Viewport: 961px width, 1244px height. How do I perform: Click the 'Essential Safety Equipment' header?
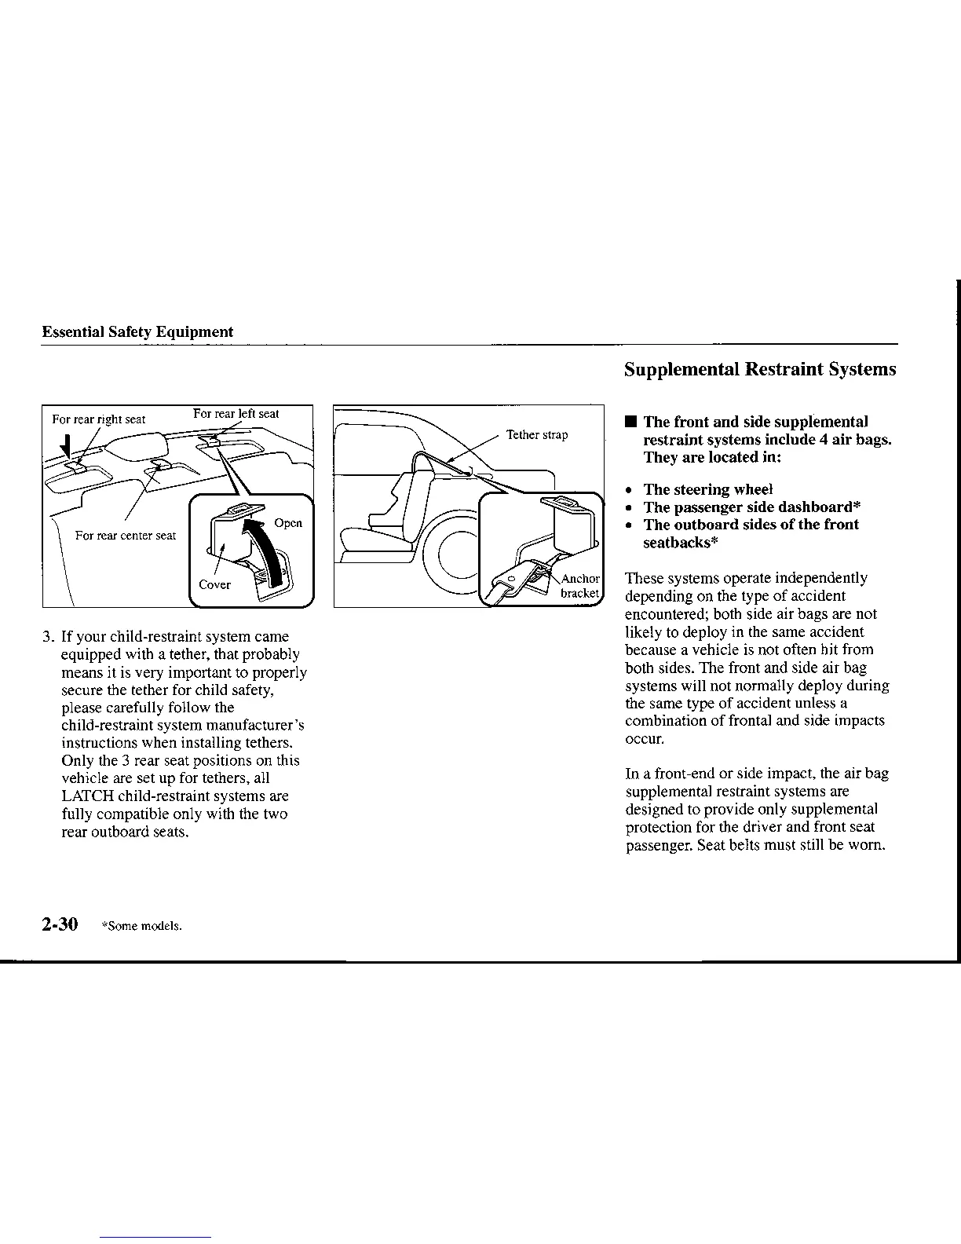tap(137, 331)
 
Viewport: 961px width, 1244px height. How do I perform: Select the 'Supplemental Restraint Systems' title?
tap(760, 369)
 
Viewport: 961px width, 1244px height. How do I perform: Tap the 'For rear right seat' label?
tap(98, 419)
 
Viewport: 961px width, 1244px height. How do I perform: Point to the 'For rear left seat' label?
tap(236, 413)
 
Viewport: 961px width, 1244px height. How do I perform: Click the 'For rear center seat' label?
tap(126, 536)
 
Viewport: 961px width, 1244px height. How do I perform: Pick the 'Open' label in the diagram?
tap(288, 523)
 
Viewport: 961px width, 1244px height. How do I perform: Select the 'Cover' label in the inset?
tap(214, 584)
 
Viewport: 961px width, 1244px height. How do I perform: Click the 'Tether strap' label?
tap(537, 434)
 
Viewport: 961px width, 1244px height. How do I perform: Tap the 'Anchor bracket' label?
tap(580, 586)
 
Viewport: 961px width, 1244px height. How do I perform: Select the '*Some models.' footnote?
tap(142, 926)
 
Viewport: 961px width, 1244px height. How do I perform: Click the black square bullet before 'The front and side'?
tap(630, 423)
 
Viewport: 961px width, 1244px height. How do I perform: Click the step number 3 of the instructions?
tap(47, 637)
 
